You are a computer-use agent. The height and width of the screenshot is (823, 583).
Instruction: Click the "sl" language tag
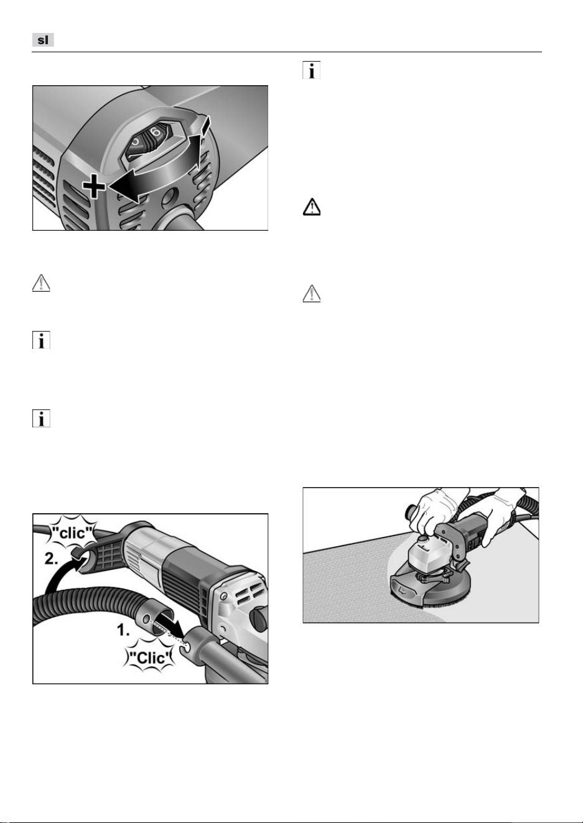[43, 40]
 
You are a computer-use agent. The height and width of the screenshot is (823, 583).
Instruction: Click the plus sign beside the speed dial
[93, 186]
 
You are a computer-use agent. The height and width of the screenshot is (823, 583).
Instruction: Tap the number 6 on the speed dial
[156, 132]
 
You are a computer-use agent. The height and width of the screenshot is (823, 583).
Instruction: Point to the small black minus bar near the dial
[205, 124]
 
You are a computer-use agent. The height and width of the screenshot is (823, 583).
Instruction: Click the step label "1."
[123, 630]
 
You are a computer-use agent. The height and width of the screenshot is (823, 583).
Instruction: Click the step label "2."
[51, 559]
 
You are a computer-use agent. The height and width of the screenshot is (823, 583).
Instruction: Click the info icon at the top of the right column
[311, 70]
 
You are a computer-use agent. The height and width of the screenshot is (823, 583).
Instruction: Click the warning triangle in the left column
[41, 283]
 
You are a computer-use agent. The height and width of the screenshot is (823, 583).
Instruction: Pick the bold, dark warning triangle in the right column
[311, 207]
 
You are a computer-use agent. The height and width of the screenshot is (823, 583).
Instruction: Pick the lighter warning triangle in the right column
[311, 293]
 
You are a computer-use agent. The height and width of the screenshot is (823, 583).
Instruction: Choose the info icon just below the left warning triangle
[41, 340]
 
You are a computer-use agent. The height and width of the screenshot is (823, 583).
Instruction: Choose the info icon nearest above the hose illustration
[41, 418]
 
